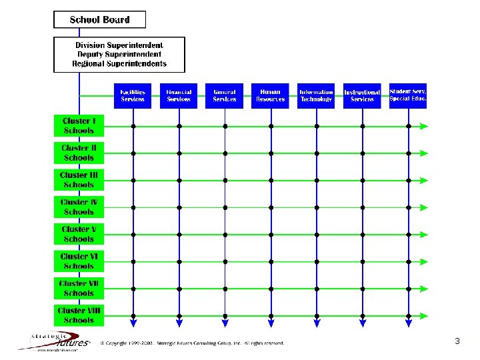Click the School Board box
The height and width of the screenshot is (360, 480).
99,19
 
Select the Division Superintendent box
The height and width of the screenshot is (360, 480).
119,55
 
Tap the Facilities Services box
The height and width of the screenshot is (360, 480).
133,96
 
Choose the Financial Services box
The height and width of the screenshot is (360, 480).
179,96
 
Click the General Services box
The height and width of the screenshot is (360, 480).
225,96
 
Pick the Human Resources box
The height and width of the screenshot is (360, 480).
270,96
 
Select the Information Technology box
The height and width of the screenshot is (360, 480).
316,96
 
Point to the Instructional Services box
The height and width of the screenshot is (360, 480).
362,96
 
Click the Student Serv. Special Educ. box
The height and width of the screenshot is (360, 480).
408,95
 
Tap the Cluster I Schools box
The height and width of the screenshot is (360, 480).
79,126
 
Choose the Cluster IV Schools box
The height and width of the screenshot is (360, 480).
79,207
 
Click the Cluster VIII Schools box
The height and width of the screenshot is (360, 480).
79,315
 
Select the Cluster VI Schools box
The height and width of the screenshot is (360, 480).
79,261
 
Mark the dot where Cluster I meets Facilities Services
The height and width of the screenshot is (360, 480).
133,126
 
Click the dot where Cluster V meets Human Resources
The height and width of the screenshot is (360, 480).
271,235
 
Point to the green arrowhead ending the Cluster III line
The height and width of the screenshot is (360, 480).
424,180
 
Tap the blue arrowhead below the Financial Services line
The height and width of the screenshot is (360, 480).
179,323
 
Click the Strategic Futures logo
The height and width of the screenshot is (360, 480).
53,341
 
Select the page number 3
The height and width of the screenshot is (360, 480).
457,341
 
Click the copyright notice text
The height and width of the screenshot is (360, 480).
192,343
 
